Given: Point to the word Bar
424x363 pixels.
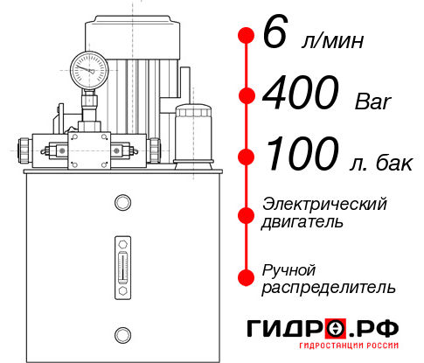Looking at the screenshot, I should coord(372,101).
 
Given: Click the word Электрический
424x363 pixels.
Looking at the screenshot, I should coord(324,203).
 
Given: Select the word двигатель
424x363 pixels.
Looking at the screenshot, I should coord(302,221).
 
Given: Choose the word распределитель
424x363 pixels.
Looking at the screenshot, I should coord(329,287).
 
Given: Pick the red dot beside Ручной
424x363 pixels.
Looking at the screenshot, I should coord(246,277).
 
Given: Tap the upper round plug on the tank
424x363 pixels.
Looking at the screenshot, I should coord(122,203).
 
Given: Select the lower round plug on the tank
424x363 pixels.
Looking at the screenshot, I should coord(122,333).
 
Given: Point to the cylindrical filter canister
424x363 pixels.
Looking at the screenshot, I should coord(192,131).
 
